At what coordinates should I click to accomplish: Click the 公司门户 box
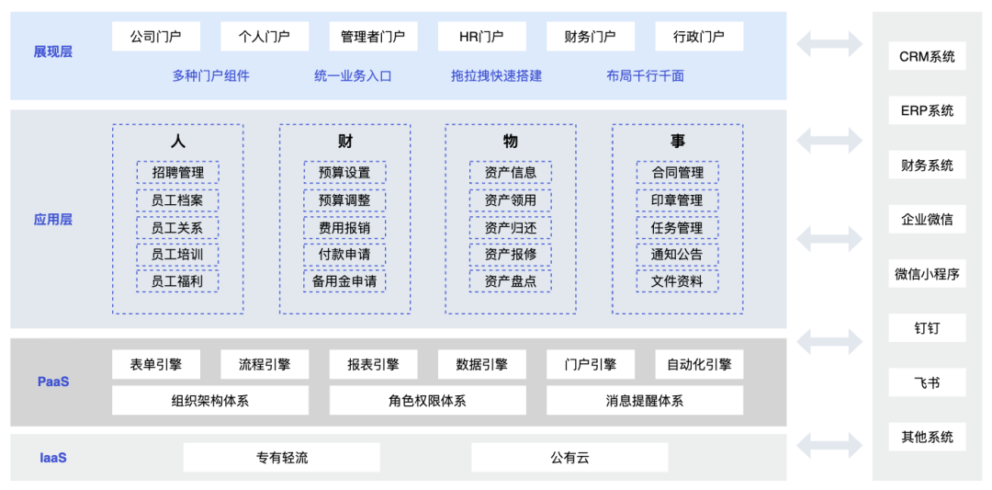click(155, 36)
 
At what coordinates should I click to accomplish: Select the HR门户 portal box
click(481, 36)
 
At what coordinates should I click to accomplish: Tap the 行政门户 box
click(699, 36)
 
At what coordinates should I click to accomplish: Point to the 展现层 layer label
click(52, 51)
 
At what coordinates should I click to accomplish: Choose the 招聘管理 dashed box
click(177, 172)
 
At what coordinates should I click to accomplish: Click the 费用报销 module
click(344, 227)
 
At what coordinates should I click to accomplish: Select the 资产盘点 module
click(511, 281)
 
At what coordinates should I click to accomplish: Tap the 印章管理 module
click(677, 200)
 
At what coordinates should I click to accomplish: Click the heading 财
click(344, 141)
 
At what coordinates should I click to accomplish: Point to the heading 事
click(677, 141)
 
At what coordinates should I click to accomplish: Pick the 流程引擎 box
click(265, 365)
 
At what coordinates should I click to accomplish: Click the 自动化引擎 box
click(699, 365)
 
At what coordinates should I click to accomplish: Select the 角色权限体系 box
click(427, 401)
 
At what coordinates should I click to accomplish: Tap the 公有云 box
click(569, 457)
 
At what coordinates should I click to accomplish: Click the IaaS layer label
click(53, 457)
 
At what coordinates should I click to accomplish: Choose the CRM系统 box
click(927, 56)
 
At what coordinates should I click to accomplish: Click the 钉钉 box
click(927, 328)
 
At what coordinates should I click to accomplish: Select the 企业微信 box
click(927, 220)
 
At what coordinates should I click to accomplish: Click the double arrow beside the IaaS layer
click(829, 446)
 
